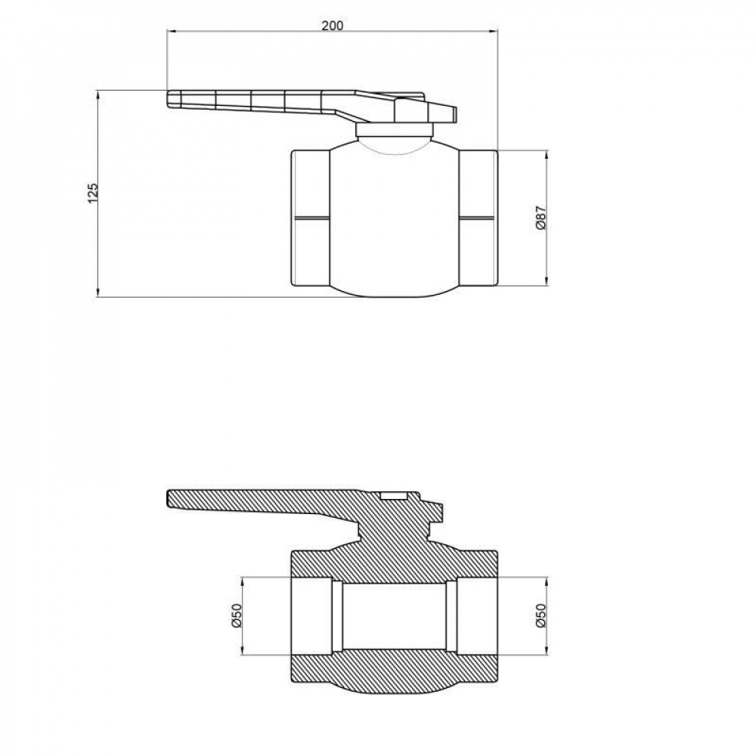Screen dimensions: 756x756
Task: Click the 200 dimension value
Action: click(x=332, y=24)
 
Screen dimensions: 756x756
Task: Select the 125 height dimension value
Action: click(x=92, y=194)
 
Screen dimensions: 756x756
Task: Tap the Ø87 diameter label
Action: click(x=540, y=218)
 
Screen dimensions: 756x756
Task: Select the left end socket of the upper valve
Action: click(x=310, y=218)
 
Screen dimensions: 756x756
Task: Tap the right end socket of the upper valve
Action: click(x=478, y=218)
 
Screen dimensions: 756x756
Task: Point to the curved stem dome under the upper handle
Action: click(x=394, y=144)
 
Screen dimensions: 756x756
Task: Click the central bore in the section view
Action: click(x=394, y=616)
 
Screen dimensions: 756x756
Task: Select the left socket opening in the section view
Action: click(x=311, y=617)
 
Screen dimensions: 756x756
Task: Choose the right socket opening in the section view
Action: click(x=477, y=617)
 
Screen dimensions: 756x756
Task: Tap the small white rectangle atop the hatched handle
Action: click(x=394, y=497)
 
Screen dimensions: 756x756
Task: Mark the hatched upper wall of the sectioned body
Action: click(x=394, y=563)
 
